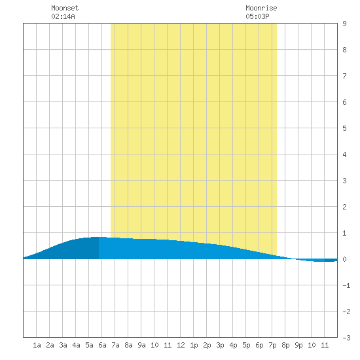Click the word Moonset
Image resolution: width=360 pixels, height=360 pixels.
(65, 8)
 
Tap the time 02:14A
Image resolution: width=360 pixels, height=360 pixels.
(63, 16)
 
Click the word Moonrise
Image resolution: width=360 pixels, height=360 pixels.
(261, 8)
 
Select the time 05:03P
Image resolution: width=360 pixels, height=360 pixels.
(257, 16)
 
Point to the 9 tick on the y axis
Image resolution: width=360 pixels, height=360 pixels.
(344, 24)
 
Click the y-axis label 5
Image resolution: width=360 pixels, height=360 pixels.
(344, 128)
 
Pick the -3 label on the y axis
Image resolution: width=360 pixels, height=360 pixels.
(346, 338)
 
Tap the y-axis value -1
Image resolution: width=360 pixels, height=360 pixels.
(346, 285)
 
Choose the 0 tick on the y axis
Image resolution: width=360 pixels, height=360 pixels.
(344, 259)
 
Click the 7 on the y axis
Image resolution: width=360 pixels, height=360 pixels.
(344, 76)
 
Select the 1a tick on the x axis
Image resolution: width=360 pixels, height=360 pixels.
(37, 345)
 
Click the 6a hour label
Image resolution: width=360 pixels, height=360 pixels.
(102, 345)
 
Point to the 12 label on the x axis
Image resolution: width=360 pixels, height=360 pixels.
(181, 345)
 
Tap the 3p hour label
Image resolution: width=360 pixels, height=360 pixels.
(220, 345)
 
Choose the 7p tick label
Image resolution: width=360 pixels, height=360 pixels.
(272, 345)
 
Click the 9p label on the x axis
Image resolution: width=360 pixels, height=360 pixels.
(298, 345)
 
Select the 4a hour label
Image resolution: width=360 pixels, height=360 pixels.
(76, 345)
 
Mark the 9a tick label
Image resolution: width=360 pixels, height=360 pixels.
(141, 345)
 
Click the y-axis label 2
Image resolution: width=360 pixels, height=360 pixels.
(344, 207)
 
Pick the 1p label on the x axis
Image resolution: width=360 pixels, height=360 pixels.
(194, 345)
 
